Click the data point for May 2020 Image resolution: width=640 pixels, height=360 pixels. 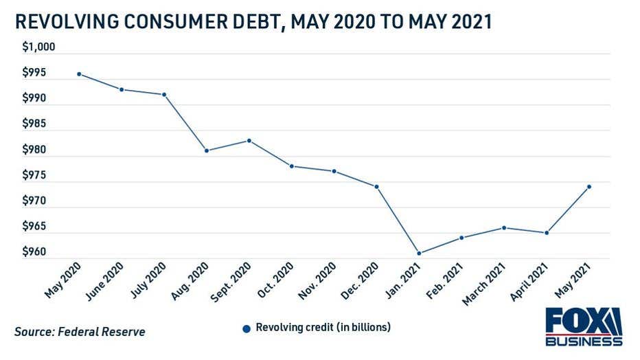(x=79, y=74)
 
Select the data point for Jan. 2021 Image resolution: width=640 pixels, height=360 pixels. (x=419, y=253)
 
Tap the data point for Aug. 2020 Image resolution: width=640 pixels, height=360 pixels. (x=207, y=150)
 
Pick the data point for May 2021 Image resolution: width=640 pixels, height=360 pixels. (x=589, y=186)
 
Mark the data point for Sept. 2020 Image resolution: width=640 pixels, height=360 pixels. (x=249, y=140)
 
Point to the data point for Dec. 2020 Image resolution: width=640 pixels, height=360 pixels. (x=376, y=186)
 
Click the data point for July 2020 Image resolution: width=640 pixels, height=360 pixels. (x=164, y=94)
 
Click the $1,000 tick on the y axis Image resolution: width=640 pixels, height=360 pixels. (x=38, y=47)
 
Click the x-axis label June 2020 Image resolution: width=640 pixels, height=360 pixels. (x=105, y=280)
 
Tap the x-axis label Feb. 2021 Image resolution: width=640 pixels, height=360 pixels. (x=444, y=280)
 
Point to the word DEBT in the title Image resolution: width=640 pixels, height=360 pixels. (x=256, y=22)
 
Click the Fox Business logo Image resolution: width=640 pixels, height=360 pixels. (x=584, y=326)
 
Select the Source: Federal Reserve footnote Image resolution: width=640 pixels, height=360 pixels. (x=80, y=332)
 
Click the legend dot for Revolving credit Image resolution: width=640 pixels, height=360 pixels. (x=247, y=328)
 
